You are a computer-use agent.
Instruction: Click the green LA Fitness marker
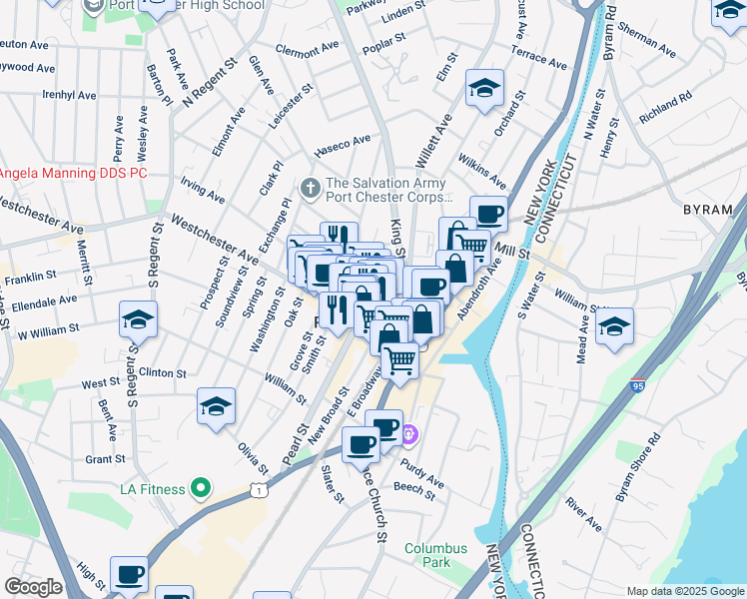(200, 488)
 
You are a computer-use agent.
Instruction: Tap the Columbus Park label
(435, 556)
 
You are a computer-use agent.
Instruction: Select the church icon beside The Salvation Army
(311, 187)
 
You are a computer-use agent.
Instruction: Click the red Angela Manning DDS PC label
(72, 173)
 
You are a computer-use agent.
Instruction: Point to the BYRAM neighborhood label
(708, 210)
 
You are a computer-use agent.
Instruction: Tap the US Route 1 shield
(260, 489)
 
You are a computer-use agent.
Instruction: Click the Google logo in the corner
(33, 587)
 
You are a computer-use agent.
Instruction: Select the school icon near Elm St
(484, 88)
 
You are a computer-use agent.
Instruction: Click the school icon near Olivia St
(216, 406)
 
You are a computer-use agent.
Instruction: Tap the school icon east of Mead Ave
(614, 325)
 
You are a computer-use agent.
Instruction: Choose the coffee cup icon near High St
(129, 574)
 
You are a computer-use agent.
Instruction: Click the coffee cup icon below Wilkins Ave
(488, 214)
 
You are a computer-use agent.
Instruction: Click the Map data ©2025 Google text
(684, 591)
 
